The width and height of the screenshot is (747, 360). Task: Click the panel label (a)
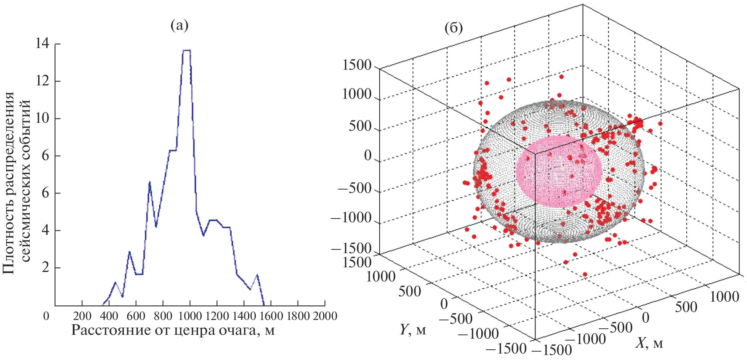[180, 26]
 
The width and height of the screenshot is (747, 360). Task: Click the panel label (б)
[454, 28]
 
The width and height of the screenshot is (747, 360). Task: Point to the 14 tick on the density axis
[42, 44]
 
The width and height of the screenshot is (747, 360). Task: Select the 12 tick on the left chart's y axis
[42, 81]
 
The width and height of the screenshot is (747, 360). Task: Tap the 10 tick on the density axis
[42, 119]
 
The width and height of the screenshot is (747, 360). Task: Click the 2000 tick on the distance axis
[325, 316]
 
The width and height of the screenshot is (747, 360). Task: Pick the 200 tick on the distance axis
[82, 316]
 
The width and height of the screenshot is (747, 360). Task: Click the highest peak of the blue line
[186, 50]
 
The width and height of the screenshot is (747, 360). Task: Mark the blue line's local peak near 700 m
[149, 182]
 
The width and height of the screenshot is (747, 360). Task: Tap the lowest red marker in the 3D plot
[585, 274]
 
